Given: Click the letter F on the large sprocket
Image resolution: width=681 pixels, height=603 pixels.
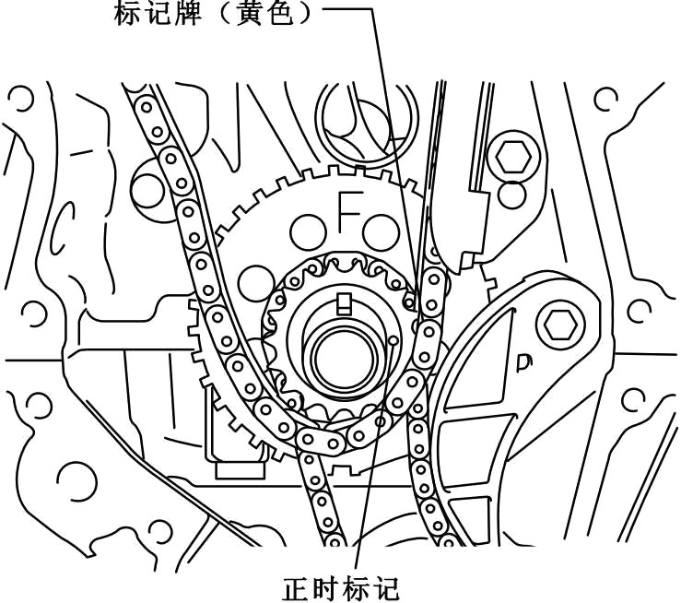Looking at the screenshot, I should [349, 210].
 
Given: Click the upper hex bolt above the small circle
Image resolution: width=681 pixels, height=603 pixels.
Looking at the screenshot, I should [510, 157].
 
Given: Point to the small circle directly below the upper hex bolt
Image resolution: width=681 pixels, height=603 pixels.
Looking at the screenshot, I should [510, 195].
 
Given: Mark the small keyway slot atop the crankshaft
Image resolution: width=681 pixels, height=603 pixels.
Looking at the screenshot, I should [346, 301].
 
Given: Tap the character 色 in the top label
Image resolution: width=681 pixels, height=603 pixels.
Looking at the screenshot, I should [280, 14].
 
